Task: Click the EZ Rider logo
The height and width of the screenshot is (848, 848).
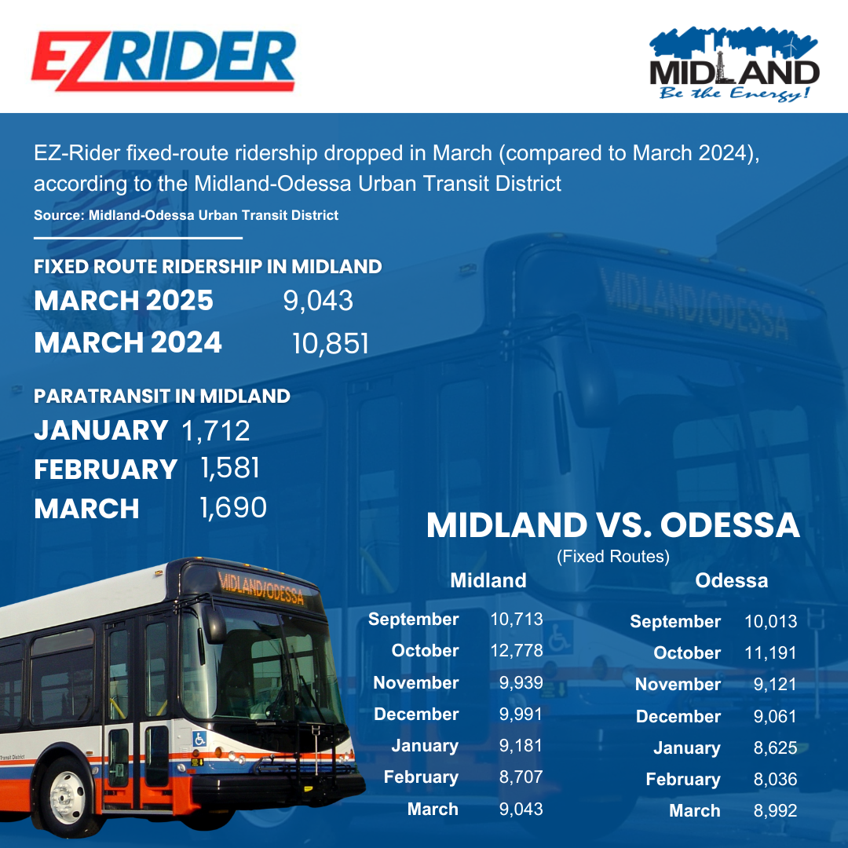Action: click(x=163, y=60)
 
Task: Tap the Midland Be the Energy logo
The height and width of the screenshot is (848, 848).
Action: click(x=734, y=66)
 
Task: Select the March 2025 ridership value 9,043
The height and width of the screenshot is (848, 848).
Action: click(x=318, y=301)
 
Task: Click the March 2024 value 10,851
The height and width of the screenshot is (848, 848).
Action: click(x=330, y=343)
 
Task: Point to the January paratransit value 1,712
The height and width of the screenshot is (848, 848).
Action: click(x=216, y=430)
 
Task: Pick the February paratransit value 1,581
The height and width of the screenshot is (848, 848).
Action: click(x=229, y=469)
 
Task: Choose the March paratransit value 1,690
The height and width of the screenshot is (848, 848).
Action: click(x=233, y=507)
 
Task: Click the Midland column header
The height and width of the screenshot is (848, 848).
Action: click(x=488, y=580)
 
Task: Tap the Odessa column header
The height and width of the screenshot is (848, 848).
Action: click(x=731, y=581)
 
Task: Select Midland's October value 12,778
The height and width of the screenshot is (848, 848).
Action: click(x=516, y=651)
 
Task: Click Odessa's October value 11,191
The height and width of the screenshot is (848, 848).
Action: click(x=770, y=652)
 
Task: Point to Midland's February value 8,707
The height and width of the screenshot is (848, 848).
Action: click(x=521, y=777)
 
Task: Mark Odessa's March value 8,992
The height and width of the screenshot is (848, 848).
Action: click(x=775, y=811)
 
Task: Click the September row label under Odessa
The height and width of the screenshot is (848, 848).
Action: click(x=674, y=622)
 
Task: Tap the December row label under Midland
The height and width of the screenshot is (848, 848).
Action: click(x=416, y=715)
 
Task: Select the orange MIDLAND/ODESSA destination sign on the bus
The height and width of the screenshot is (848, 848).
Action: click(x=261, y=587)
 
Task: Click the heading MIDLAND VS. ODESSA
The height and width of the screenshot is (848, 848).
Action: click(x=612, y=526)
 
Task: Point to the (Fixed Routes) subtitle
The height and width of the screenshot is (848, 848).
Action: click(x=612, y=557)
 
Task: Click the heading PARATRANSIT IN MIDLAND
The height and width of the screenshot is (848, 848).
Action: click(x=162, y=397)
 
